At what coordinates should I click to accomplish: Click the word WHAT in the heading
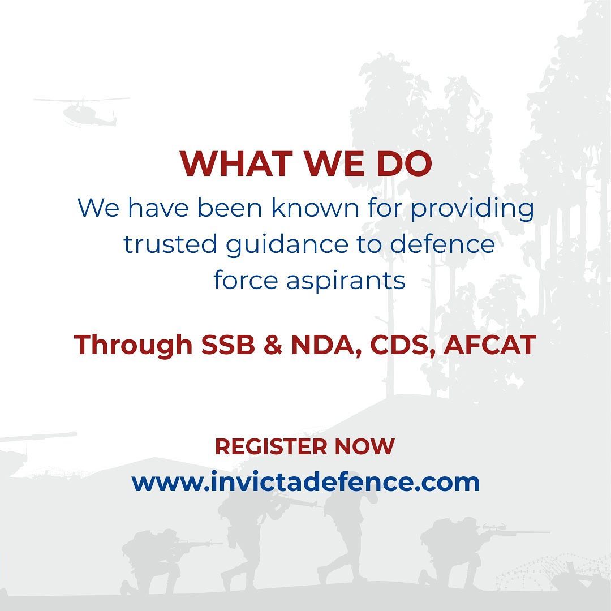236,163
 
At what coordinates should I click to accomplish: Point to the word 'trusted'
170,244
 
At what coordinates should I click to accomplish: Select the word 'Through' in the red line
134,346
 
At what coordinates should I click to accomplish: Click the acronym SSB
228,345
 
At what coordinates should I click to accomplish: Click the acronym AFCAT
490,345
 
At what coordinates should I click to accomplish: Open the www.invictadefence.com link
305,482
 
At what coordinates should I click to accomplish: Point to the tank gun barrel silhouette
39,436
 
